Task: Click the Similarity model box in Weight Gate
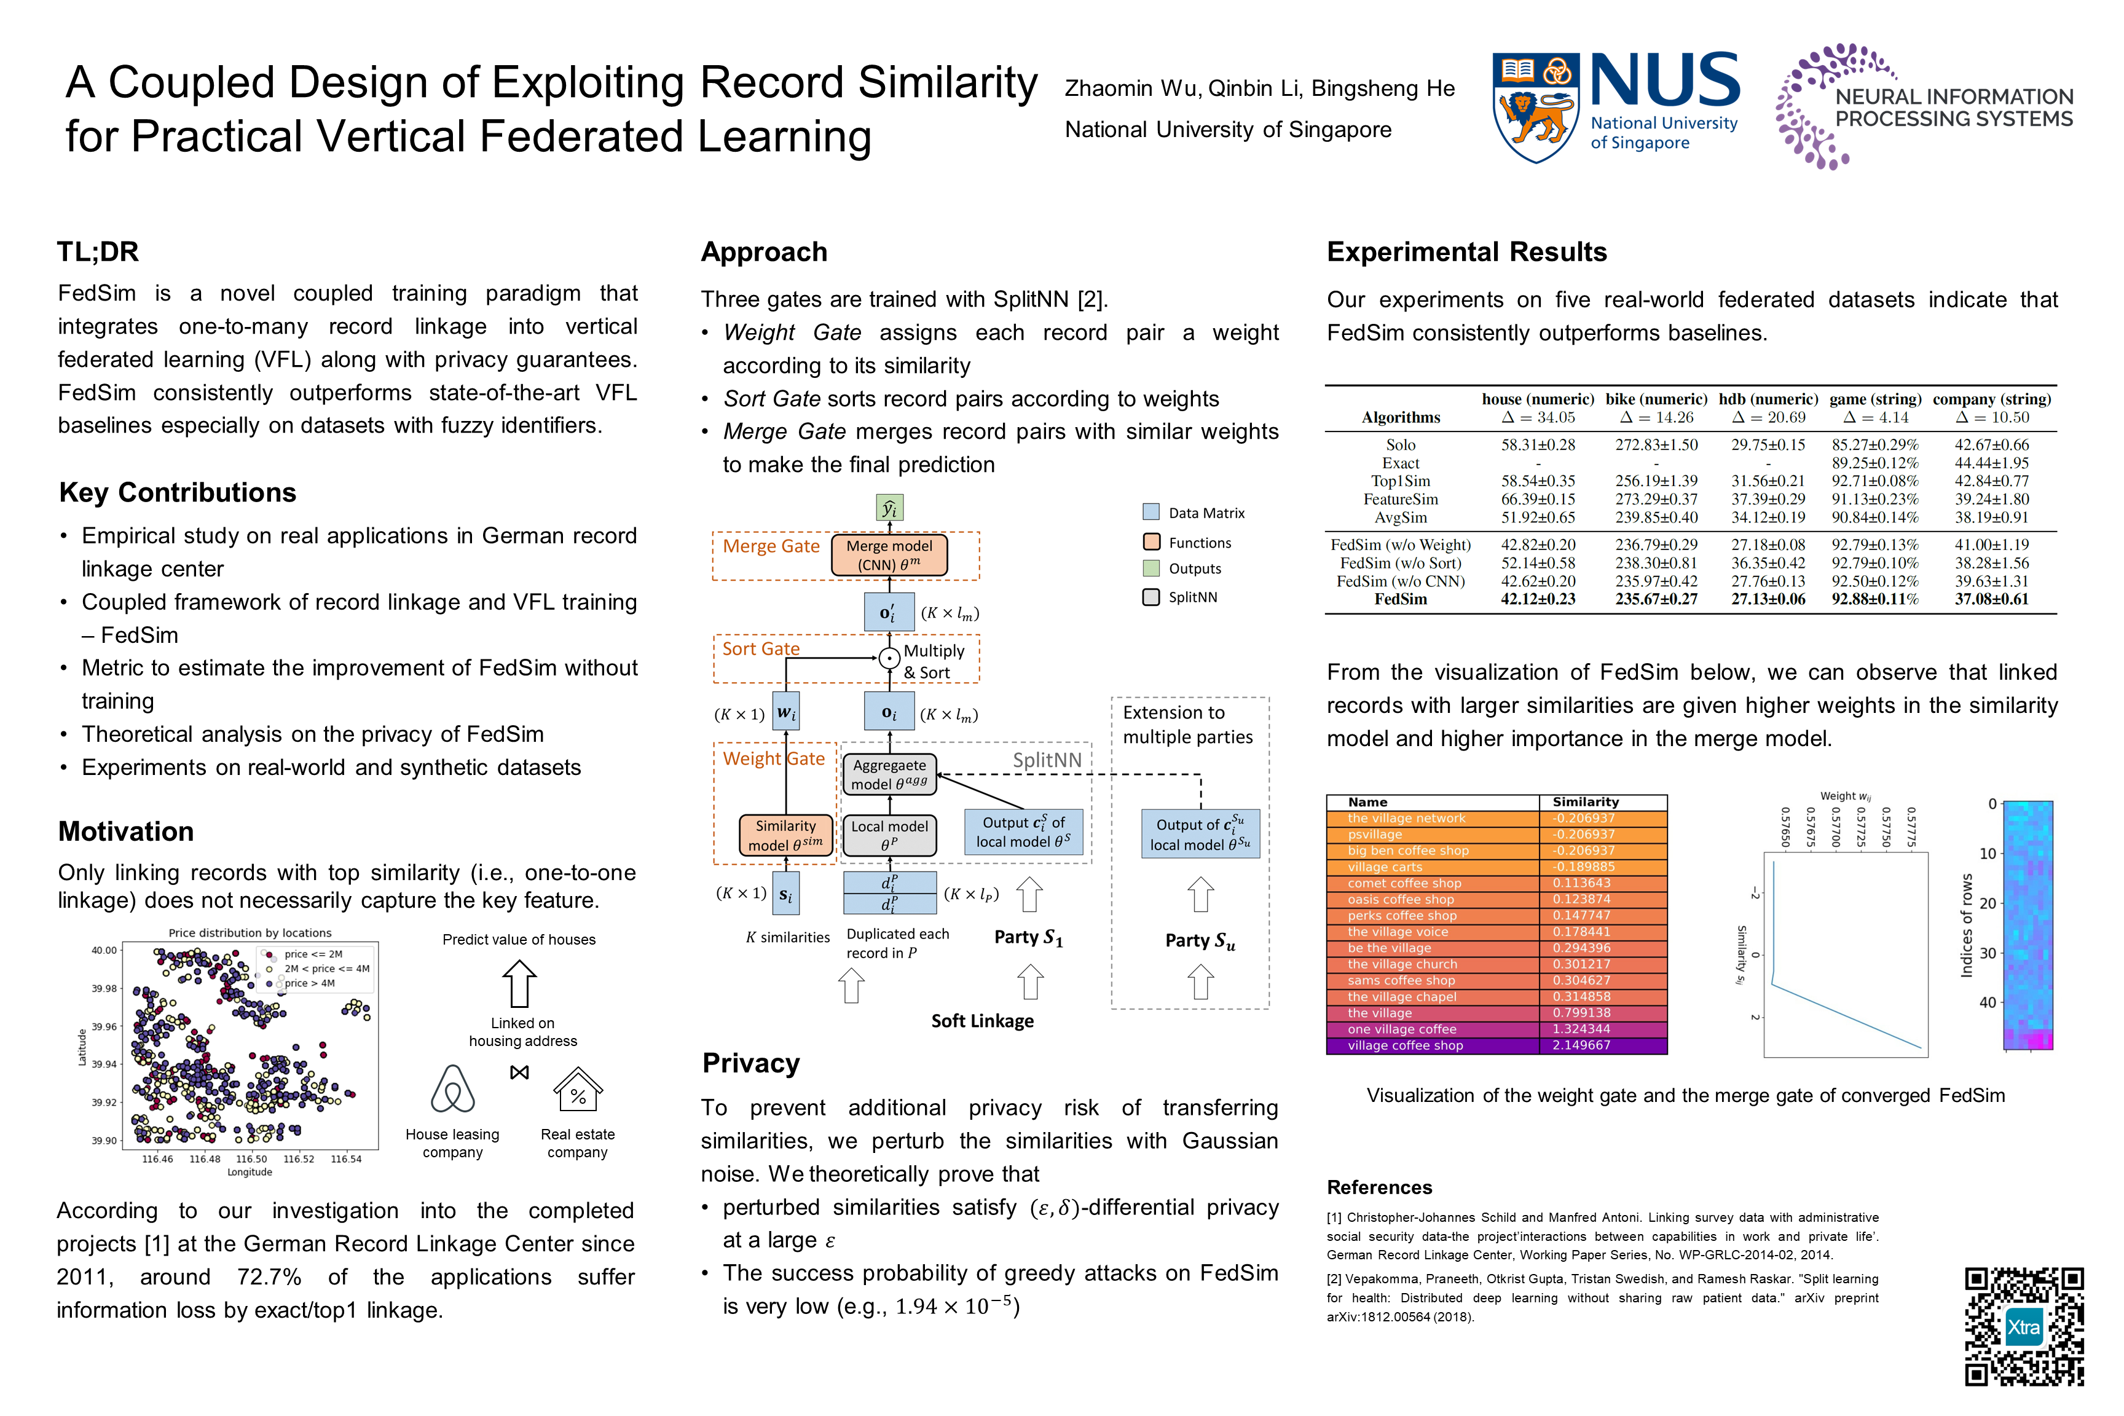tap(785, 835)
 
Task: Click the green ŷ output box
tap(889, 508)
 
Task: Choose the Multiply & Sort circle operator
tap(889, 658)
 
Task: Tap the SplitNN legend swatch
tap(1150, 597)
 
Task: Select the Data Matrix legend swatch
tap(1150, 512)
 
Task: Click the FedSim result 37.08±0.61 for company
tap(1991, 600)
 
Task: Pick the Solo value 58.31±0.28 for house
tap(1538, 445)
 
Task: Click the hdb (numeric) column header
tap(1768, 399)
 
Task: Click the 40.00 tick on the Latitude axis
tap(104, 950)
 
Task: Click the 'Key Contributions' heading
tap(178, 492)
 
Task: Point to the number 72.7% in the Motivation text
tap(269, 1277)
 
